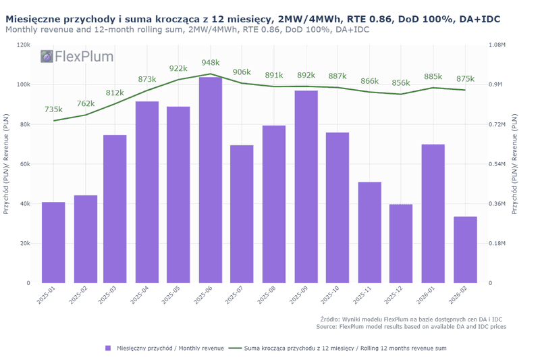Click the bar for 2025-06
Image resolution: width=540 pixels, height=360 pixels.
coord(211,180)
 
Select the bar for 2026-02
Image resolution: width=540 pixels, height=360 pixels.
coord(465,249)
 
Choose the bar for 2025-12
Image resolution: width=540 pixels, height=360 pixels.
coord(401,243)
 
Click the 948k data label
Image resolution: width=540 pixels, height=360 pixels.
coord(211,63)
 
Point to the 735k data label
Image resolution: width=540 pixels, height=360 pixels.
coord(53,109)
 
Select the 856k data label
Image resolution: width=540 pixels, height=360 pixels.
coord(401,83)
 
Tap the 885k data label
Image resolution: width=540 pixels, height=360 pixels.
coord(433,76)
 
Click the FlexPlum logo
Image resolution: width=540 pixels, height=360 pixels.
coord(76,57)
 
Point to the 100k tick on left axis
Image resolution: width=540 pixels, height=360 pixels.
coord(24,84)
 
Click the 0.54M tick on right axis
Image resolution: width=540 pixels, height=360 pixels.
coord(496,164)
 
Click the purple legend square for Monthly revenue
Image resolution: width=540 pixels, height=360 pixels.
coord(107,348)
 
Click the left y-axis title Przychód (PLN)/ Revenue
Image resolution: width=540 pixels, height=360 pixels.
coord(7,164)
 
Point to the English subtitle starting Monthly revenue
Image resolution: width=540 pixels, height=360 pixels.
coord(187,30)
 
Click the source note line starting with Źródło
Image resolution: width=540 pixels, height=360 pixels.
coord(411,319)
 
